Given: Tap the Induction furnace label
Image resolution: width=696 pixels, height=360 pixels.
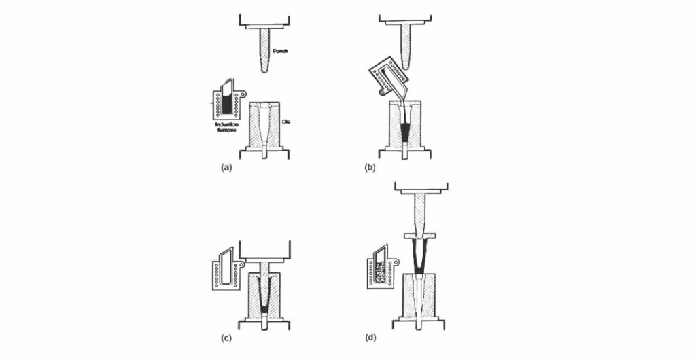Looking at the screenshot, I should pyautogui.click(x=225, y=129).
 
